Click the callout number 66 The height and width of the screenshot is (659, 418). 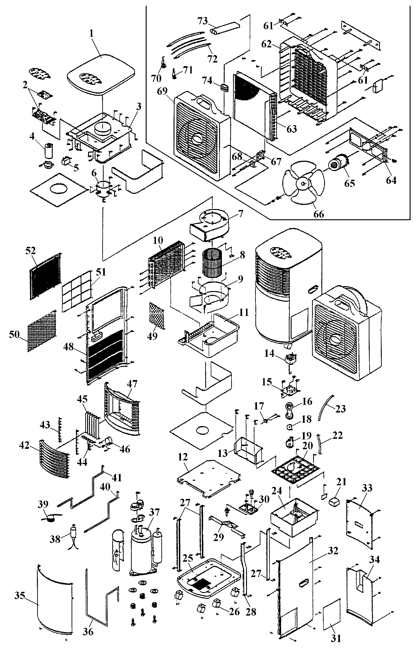coord(319,214)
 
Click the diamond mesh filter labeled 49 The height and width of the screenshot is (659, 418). coord(156,315)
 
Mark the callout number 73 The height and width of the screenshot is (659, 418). coord(203,21)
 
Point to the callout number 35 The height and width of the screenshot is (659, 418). coord(20,596)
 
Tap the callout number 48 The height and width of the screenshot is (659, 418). coord(69,347)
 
